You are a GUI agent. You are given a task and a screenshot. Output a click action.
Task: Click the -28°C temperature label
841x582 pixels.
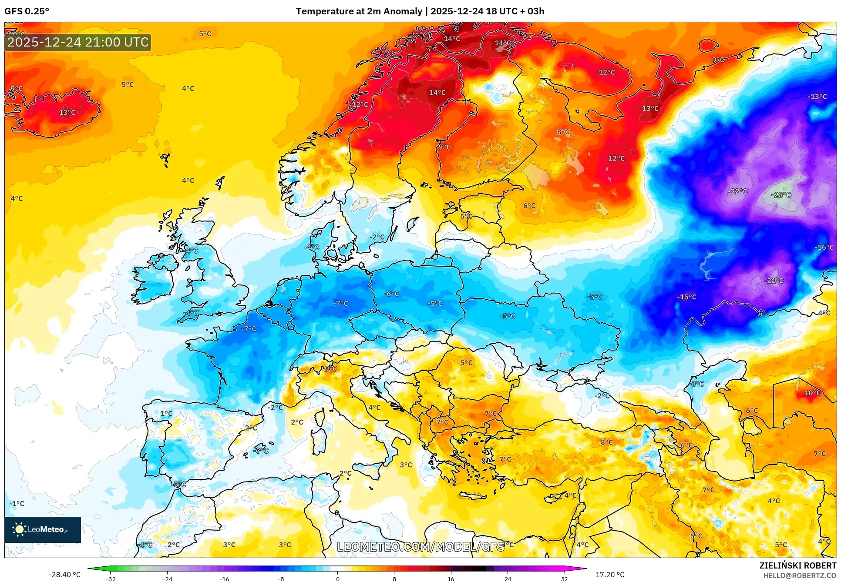(781, 195)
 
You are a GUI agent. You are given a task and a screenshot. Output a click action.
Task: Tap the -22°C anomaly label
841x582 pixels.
(737, 191)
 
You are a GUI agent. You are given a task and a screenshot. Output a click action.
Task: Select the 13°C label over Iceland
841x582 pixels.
(67, 113)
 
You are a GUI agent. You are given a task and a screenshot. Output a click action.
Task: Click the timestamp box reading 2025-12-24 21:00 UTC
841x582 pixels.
(78, 42)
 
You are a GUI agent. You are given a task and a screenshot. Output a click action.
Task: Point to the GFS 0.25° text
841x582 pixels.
(27, 11)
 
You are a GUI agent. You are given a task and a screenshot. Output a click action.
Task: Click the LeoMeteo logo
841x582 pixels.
(42, 529)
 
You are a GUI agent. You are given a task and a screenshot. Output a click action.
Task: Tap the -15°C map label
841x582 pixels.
(686, 297)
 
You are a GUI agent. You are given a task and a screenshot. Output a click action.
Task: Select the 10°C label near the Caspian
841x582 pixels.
(812, 393)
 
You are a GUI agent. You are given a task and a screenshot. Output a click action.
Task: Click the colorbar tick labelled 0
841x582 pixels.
(337, 579)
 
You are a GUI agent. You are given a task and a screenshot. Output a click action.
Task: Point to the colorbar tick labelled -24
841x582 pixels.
(167, 579)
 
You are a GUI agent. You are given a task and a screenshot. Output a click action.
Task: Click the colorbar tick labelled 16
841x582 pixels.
(451, 579)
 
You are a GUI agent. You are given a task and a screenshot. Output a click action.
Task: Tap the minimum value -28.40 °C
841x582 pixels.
(64, 575)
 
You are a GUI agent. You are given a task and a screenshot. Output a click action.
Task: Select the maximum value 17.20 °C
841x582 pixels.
(609, 575)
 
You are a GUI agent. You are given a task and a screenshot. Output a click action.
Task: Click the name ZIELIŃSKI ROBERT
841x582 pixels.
(797, 566)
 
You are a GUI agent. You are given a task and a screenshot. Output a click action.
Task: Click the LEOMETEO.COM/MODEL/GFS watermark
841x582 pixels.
(420, 547)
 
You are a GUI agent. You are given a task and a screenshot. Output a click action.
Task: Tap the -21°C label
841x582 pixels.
(774, 281)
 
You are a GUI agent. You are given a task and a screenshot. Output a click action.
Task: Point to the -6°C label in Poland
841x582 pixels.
(391, 294)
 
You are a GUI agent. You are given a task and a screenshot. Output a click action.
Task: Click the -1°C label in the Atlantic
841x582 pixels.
(17, 504)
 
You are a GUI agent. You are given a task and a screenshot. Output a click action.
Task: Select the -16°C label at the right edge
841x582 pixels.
(824, 248)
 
